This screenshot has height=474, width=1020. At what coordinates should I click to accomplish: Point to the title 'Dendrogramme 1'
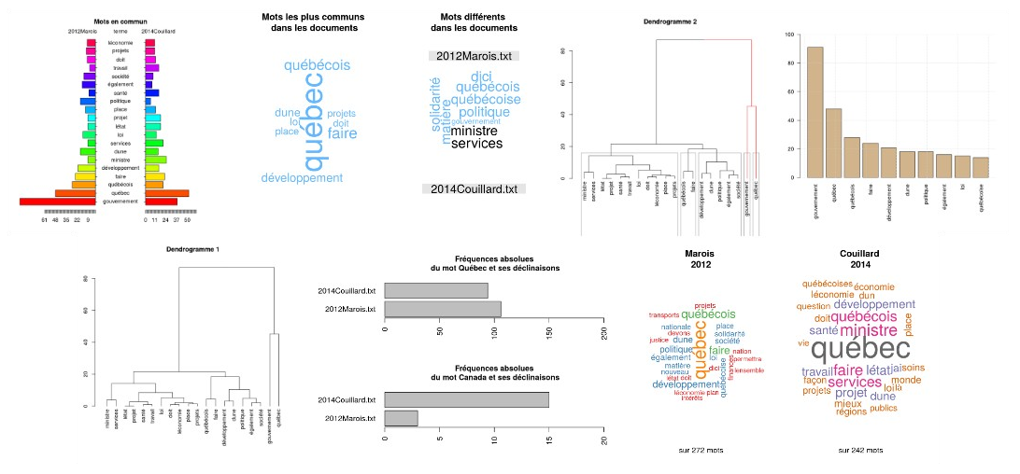[192, 250]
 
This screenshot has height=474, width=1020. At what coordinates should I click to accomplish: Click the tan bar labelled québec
[833, 143]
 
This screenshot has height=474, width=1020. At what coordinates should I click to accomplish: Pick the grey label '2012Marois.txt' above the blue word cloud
[474, 56]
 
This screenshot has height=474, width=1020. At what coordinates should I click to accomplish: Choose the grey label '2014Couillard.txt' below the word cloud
[474, 189]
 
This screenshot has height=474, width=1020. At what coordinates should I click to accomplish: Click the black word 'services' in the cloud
[476, 144]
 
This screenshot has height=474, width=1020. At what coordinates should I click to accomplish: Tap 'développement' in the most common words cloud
[302, 178]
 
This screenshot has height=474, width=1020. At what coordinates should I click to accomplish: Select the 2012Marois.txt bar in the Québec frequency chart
[443, 309]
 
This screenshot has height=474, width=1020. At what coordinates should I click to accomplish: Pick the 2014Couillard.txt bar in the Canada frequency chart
[466, 399]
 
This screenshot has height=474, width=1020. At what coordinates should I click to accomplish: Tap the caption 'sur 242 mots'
[859, 450]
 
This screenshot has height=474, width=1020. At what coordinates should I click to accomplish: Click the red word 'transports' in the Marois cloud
[663, 315]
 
